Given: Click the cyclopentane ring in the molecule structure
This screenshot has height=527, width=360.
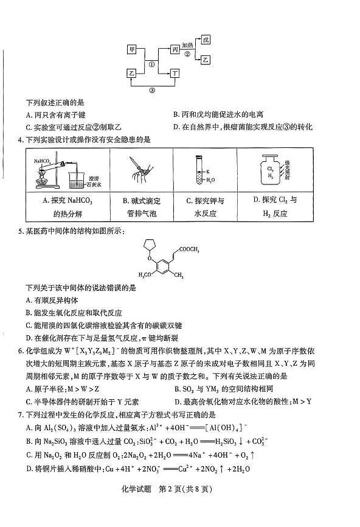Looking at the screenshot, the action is point(148,246).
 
